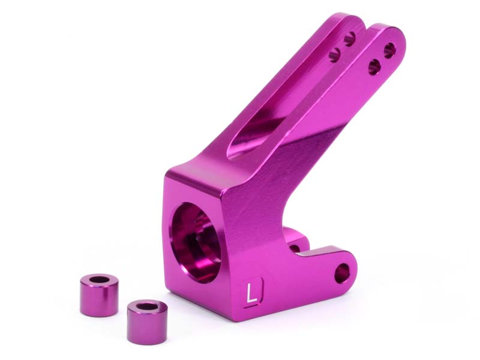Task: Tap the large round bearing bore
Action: coord(196,242)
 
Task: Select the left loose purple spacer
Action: coord(99,295)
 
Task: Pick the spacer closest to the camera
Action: coord(147,322)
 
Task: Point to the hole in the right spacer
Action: coord(146,307)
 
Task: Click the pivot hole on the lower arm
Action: coord(341,273)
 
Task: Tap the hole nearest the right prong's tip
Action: coord(389,50)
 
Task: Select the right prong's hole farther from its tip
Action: coord(374,67)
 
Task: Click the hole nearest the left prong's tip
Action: coord(349,39)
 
